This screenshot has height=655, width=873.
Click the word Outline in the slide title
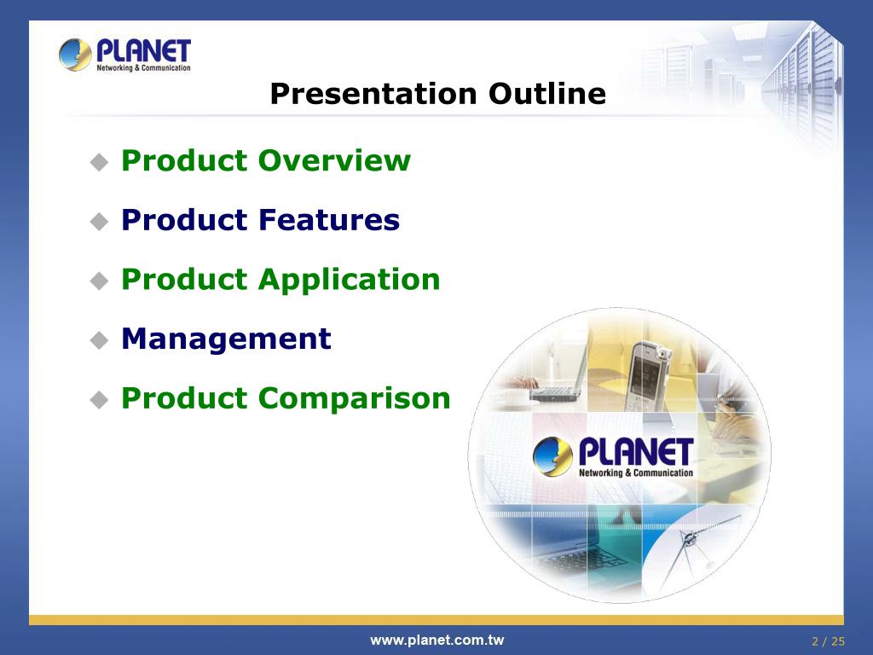click(547, 93)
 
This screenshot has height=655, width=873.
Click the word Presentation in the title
click(373, 93)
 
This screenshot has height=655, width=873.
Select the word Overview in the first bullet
click(334, 160)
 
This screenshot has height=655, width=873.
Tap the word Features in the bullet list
click(329, 219)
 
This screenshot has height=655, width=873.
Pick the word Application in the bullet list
click(350, 280)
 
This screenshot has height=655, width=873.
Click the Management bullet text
click(227, 339)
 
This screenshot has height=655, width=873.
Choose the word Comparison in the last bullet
click(354, 399)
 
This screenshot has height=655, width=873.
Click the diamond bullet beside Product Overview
click(99, 162)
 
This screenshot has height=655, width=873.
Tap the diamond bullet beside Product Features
click(99, 221)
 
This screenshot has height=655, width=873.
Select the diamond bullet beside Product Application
click(99, 281)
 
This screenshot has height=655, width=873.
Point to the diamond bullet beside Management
click(99, 339)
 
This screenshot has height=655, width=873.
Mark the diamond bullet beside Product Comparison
click(99, 399)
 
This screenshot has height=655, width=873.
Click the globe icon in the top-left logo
click(75, 55)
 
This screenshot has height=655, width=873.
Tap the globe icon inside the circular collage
click(552, 457)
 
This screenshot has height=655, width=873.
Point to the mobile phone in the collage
click(648, 375)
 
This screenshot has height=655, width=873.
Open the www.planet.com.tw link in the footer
click(437, 641)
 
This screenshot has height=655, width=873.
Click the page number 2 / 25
click(828, 641)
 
